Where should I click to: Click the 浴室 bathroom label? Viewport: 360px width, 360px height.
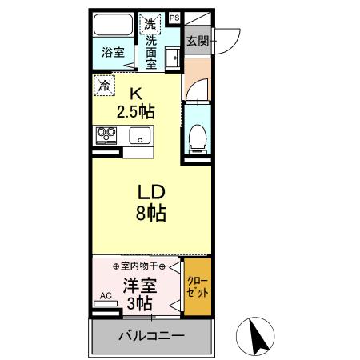tap(113, 53)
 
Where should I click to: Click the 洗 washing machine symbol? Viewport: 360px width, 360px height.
tap(150, 22)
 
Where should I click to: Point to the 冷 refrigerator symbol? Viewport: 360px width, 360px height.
tap(103, 82)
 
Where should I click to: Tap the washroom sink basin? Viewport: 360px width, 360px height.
tap(171, 58)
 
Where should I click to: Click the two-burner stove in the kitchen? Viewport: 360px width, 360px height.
tap(106, 134)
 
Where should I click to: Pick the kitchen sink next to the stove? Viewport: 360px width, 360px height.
tap(139, 135)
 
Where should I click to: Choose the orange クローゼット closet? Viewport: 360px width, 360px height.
tap(198, 286)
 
